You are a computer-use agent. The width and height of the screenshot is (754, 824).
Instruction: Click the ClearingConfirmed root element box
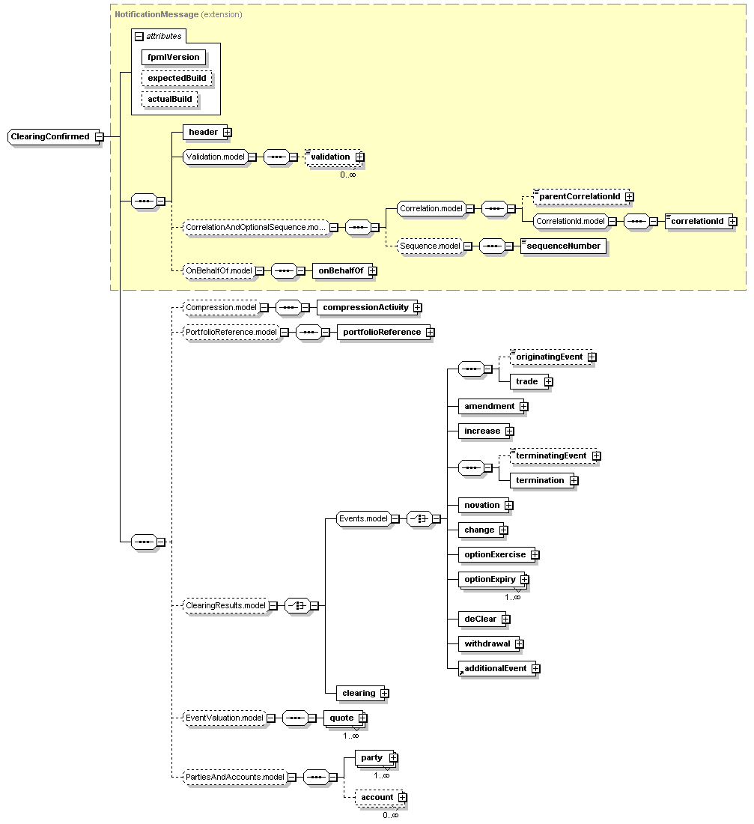click(x=50, y=136)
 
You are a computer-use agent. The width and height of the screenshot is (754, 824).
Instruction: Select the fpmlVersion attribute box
click(x=174, y=57)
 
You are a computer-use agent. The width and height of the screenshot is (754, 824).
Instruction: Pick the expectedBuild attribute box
click(x=177, y=78)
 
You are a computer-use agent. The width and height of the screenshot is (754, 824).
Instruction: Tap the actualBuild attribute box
click(x=169, y=99)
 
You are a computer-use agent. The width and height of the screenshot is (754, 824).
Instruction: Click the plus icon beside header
click(x=227, y=133)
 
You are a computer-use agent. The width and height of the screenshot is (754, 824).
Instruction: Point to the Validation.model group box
click(x=215, y=157)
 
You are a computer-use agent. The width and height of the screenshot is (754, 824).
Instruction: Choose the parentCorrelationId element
click(x=580, y=196)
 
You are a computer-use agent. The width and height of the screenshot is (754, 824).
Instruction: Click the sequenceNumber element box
click(x=563, y=246)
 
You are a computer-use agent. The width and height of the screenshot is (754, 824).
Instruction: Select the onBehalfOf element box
click(x=342, y=271)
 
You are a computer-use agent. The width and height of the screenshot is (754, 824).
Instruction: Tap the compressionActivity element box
click(x=365, y=307)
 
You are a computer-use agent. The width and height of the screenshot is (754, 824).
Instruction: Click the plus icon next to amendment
click(x=523, y=407)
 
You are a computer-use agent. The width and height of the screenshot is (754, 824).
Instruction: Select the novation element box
click(x=481, y=505)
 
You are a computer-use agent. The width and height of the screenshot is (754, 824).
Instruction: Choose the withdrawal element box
click(x=487, y=643)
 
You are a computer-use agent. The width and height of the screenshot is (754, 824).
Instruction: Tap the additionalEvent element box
click(x=495, y=668)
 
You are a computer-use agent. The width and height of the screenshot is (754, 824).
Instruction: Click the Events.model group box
click(x=363, y=518)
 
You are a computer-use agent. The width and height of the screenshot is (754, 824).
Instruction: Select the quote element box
click(x=341, y=718)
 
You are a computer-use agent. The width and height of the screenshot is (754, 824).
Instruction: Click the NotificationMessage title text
click(x=156, y=14)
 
